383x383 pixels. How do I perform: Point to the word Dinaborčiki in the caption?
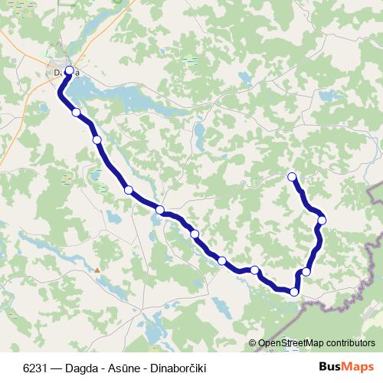coord(175,368)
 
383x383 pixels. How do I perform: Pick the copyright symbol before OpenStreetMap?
coord(253,345)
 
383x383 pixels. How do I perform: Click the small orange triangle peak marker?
coord(97,270)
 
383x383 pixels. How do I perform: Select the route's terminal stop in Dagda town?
coord(70,71)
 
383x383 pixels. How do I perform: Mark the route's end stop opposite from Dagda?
coord(291,177)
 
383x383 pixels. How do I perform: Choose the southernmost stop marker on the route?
coord(294,291)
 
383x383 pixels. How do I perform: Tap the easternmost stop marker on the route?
coord(322,221)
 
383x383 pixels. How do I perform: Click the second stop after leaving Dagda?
coord(97,139)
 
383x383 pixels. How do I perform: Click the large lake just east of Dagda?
coord(115,97)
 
